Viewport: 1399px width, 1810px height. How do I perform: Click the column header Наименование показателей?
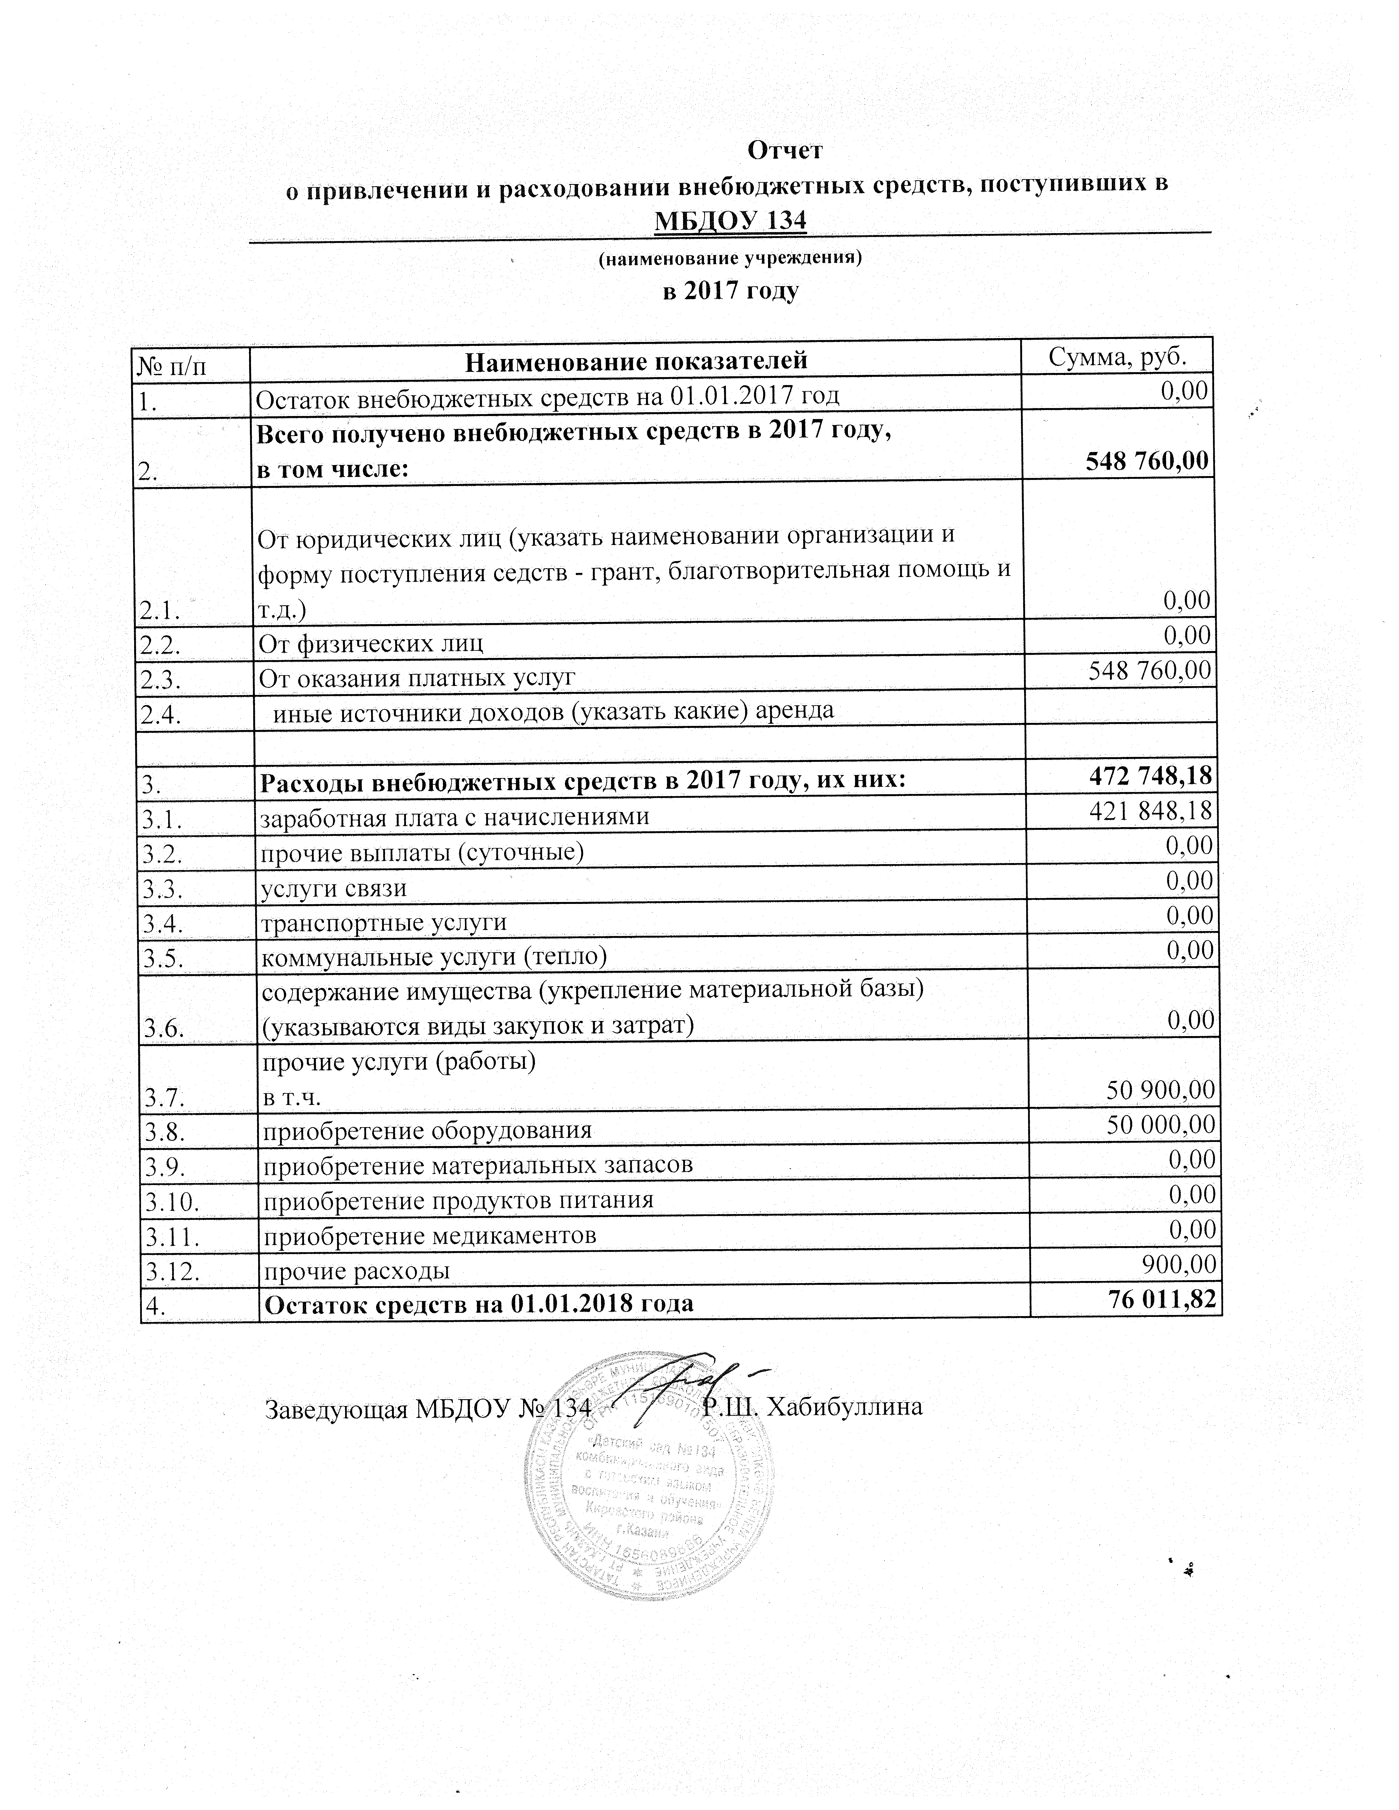click(636, 361)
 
